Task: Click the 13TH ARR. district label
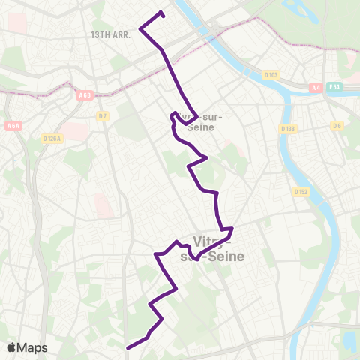(110, 34)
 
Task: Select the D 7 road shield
(103, 115)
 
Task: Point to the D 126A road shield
(52, 139)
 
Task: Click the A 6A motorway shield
(13, 106)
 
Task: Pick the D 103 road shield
(271, 74)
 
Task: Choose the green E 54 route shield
(334, 88)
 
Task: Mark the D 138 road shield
(289, 129)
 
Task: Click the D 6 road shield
(337, 125)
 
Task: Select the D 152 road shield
(301, 192)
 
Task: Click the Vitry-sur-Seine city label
(214, 248)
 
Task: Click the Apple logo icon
(11, 347)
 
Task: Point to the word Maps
(33, 347)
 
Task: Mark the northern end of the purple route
(163, 13)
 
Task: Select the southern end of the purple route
(128, 347)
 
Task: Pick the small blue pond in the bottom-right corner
(349, 340)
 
